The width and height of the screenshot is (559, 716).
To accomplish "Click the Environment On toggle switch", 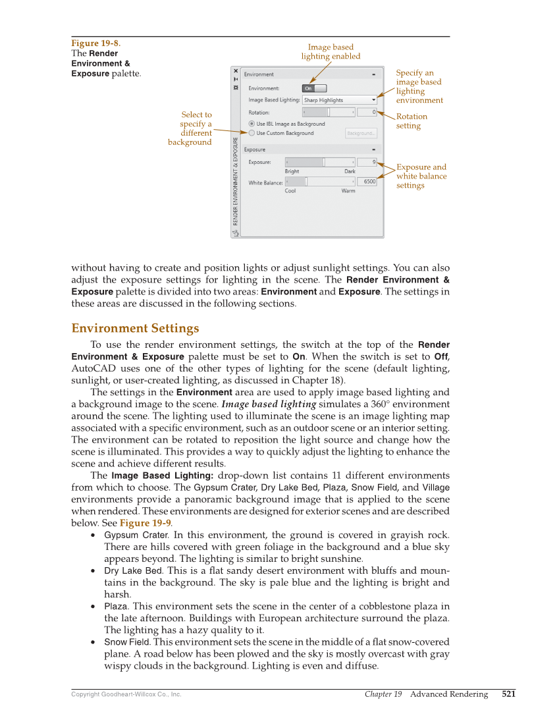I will tap(314, 88).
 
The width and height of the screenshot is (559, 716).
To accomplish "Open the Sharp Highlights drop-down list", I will tap(339, 100).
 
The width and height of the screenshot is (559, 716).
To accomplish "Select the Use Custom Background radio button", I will tap(252, 133).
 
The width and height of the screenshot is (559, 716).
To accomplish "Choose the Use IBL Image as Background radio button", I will tap(252, 123).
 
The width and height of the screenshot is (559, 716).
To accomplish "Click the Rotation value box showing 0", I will tap(367, 112).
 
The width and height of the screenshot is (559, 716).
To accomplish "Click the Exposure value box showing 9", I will tap(367, 161).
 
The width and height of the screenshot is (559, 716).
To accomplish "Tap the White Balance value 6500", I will tap(367, 181).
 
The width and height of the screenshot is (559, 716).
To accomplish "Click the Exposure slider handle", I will tap(324, 161).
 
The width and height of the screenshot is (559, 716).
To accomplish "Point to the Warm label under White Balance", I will tap(348, 191).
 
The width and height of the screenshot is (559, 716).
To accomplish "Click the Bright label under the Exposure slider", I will tap(292, 171).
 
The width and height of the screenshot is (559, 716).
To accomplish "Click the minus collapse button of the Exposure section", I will tap(373, 150).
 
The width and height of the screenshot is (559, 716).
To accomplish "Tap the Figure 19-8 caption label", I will tap(95, 43).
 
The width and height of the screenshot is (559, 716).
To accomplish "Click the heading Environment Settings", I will tap(135, 328).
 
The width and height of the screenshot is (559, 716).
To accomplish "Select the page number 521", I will tap(508, 694).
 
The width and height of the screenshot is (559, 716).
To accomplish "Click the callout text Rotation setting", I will tap(412, 121).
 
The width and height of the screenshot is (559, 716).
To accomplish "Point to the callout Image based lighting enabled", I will tap(331, 51).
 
